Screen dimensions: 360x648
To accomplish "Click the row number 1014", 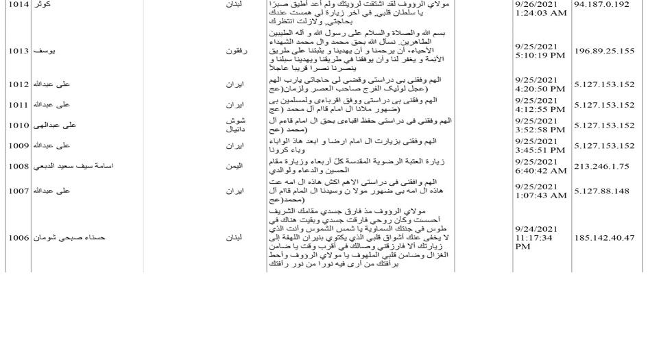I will coord(19,4).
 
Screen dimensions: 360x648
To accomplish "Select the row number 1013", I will coord(19,51).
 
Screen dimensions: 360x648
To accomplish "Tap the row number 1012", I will coord(19,84).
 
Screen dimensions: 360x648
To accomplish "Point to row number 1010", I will coord(19,125).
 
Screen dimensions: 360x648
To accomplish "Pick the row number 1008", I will coord(19,166).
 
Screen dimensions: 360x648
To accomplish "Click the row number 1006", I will coord(19,238).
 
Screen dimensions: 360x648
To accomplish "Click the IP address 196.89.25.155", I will coord(604,51).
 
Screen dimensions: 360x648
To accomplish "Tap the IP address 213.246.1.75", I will coord(601,165).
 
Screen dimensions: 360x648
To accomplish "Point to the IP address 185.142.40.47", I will coord(604,238).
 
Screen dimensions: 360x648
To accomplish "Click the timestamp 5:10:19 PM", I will coord(540,56).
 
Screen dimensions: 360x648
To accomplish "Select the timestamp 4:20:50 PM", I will coord(540,89).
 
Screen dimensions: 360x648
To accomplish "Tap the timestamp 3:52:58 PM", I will coord(540,130).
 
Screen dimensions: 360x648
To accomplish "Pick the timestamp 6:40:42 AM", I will coord(540,171).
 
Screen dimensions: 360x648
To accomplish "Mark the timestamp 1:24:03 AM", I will coord(540,13).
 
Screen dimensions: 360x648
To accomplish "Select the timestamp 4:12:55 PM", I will coord(540,110).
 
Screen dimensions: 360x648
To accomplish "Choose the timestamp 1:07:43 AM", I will coord(540,195).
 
